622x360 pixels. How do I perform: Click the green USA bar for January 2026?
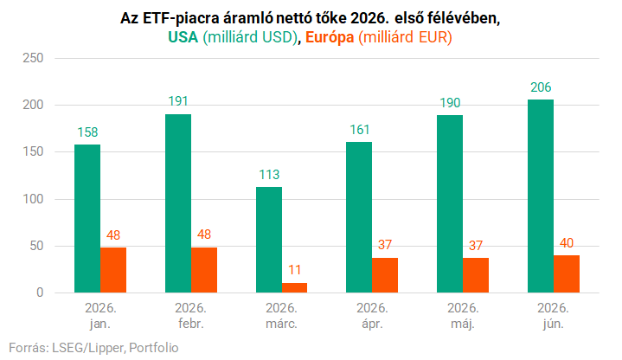point(87,219)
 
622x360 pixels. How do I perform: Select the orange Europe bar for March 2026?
point(294,288)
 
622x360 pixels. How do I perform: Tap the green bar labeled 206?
point(541,196)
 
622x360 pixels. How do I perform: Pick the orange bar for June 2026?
point(567,273)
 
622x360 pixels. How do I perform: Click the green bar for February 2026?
point(178,203)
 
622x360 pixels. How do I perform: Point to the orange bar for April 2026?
point(385,275)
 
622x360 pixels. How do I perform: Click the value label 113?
point(269,175)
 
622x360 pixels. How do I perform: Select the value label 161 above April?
point(359,130)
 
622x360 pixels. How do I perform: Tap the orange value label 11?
point(294,270)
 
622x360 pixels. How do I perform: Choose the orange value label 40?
point(567,243)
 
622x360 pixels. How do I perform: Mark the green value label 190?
point(450,103)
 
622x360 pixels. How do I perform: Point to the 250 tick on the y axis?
point(33,58)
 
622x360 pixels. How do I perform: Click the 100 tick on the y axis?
point(33,199)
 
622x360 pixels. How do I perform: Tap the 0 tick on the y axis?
point(40,292)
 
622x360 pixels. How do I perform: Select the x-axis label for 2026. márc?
point(281,316)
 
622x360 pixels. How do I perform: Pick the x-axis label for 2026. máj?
point(463,316)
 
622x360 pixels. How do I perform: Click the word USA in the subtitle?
point(183,37)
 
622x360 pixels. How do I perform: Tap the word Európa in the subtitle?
point(330,37)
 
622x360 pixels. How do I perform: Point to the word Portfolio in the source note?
point(154,348)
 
